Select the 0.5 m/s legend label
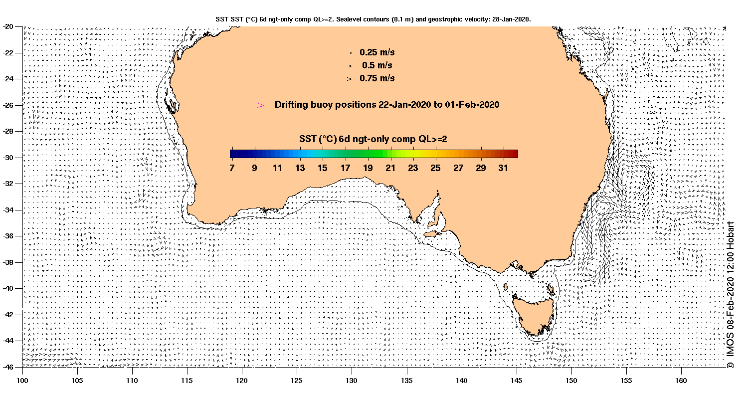[377, 65]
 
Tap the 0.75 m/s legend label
[377, 78]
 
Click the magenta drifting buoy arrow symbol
[260, 105]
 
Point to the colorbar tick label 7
[232, 168]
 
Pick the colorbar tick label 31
[503, 168]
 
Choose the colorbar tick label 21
[390, 168]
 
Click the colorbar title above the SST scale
[373, 139]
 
